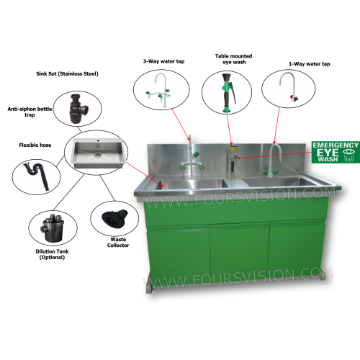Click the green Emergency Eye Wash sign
[x=336, y=152]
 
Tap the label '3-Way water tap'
[x=163, y=61]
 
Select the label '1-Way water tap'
[x=309, y=64]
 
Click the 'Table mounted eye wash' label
[x=233, y=59]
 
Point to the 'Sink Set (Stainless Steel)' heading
[x=67, y=73]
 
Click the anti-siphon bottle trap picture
[x=77, y=109]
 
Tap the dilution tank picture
[x=53, y=228]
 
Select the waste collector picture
[x=114, y=217]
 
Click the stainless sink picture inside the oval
[x=98, y=153]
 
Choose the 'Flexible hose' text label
[x=35, y=145]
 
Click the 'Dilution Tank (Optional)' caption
[x=52, y=254]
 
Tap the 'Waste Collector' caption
[x=118, y=243]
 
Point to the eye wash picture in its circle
[x=228, y=93]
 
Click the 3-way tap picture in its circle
[x=159, y=90]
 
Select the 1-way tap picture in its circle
[x=289, y=87]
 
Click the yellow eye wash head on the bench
[x=231, y=149]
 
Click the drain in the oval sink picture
[x=97, y=155]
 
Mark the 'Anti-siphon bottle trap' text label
[x=30, y=112]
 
